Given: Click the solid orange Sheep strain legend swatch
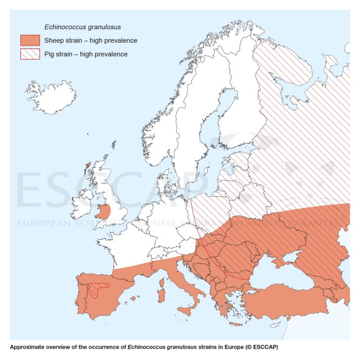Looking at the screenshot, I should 30,40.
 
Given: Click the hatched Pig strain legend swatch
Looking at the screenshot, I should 30,54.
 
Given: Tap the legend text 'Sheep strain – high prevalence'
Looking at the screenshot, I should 93,40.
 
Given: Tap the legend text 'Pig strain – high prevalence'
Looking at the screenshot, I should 88,54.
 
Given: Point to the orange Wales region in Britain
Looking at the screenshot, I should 103,213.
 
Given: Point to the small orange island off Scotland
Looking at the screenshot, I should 88,166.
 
